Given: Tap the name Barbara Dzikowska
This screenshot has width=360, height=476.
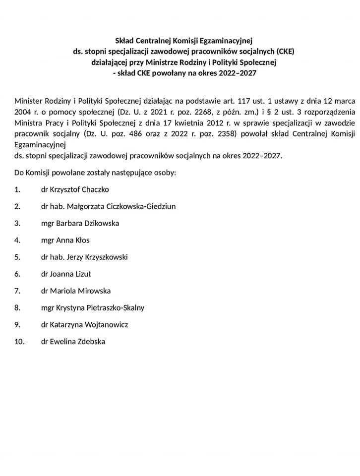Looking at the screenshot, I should (88, 223).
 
